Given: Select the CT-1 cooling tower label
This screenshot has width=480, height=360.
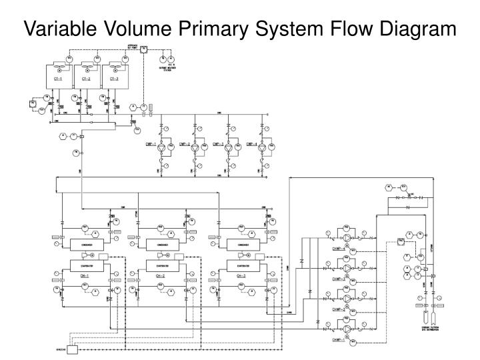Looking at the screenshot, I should (57, 79).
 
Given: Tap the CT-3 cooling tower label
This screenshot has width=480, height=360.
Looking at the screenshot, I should (113, 79).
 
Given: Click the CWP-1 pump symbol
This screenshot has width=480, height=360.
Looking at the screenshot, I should (161, 145).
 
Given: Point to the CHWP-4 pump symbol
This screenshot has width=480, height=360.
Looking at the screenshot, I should (346, 237).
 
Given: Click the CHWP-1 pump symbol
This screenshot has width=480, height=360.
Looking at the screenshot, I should (346, 327).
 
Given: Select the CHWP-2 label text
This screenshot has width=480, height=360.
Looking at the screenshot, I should (339, 310).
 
